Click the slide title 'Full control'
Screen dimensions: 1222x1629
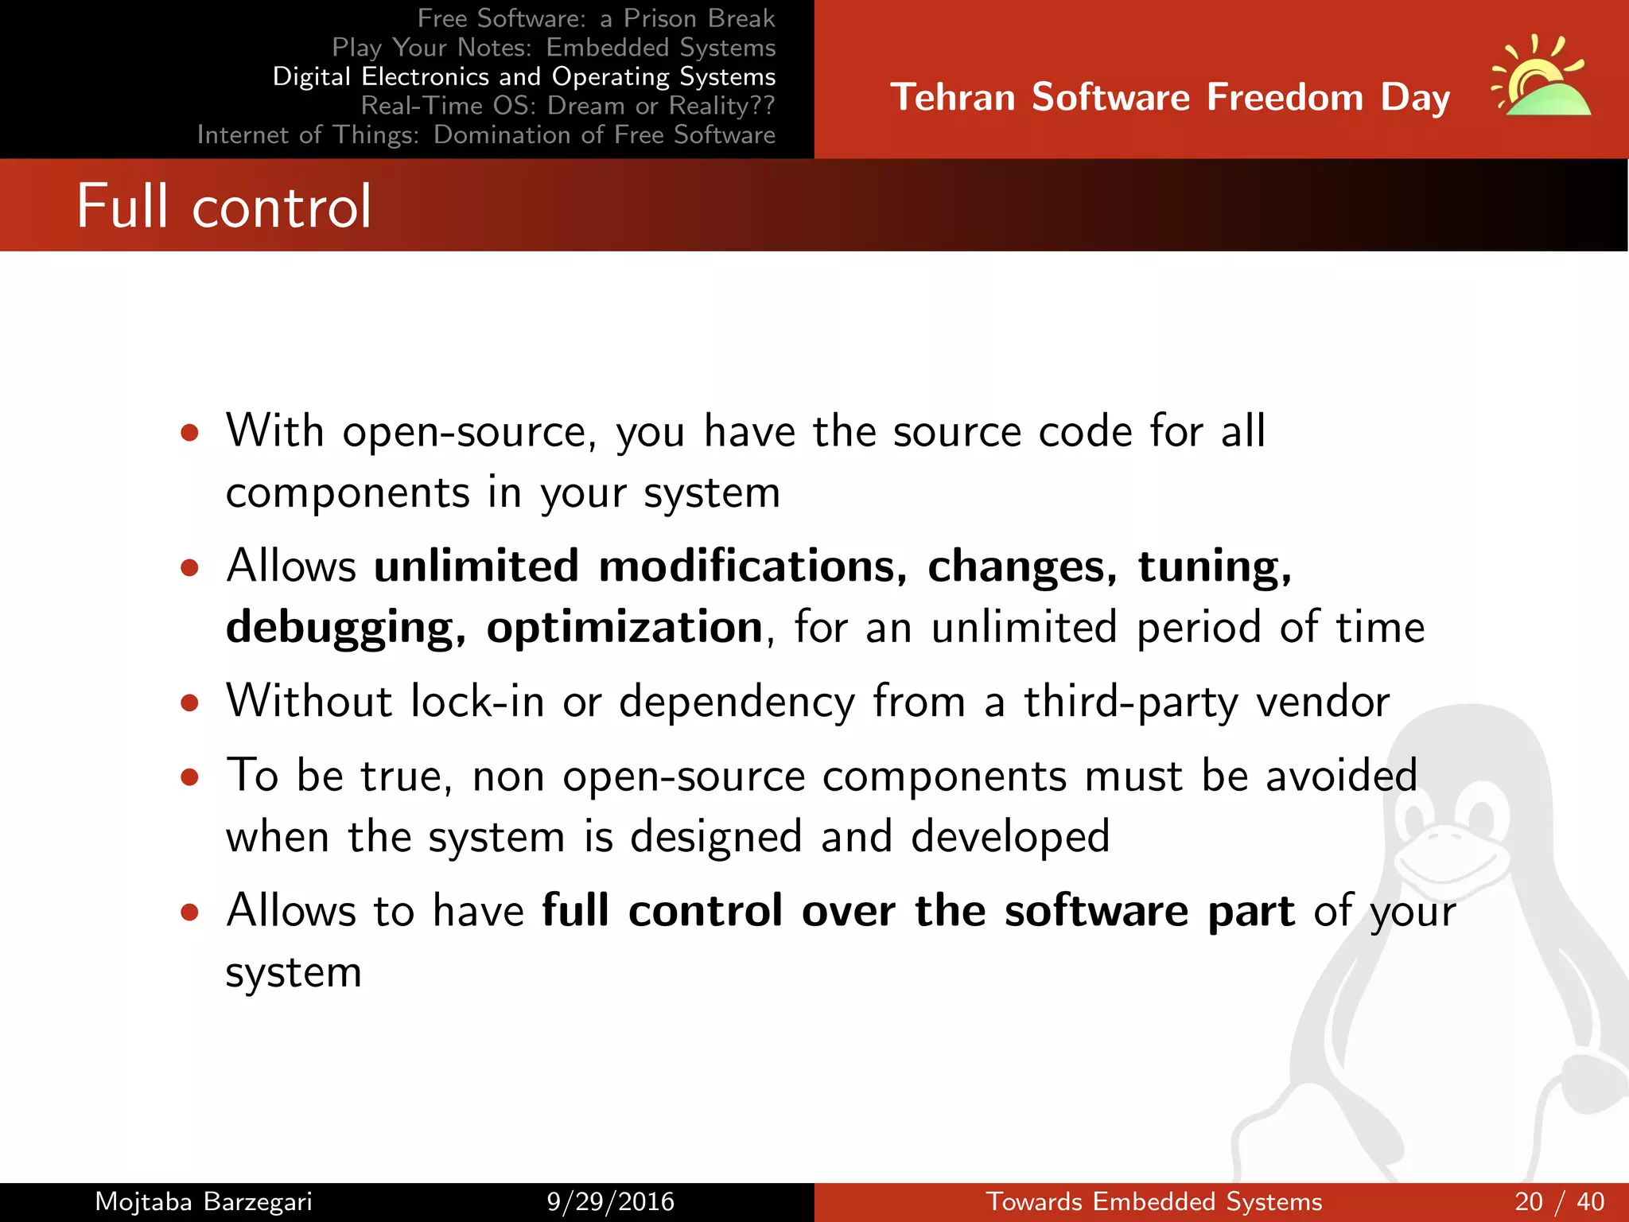click(x=224, y=206)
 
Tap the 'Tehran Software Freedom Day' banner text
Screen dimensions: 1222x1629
click(x=1169, y=97)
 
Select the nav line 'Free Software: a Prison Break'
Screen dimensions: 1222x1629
click(x=595, y=18)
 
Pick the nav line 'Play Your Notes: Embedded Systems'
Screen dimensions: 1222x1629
click(x=553, y=47)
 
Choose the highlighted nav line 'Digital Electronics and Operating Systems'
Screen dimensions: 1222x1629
click(x=523, y=76)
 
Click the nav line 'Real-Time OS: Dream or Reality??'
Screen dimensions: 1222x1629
click(x=567, y=105)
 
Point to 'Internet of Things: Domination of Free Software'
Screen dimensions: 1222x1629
click(x=486, y=134)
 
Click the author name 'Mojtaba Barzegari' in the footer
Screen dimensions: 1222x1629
click(x=203, y=1201)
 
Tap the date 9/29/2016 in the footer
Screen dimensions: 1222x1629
click(x=610, y=1201)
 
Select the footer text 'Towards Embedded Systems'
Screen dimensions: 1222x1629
click(x=1153, y=1201)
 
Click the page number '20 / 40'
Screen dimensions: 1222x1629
click(x=1559, y=1201)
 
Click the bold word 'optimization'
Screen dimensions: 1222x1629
click(x=624, y=627)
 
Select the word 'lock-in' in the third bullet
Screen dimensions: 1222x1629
click(x=477, y=702)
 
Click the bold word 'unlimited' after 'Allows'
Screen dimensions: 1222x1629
click(x=476, y=566)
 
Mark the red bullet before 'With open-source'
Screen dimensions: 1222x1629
click(x=189, y=434)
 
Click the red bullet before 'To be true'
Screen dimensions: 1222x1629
click(x=189, y=777)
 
